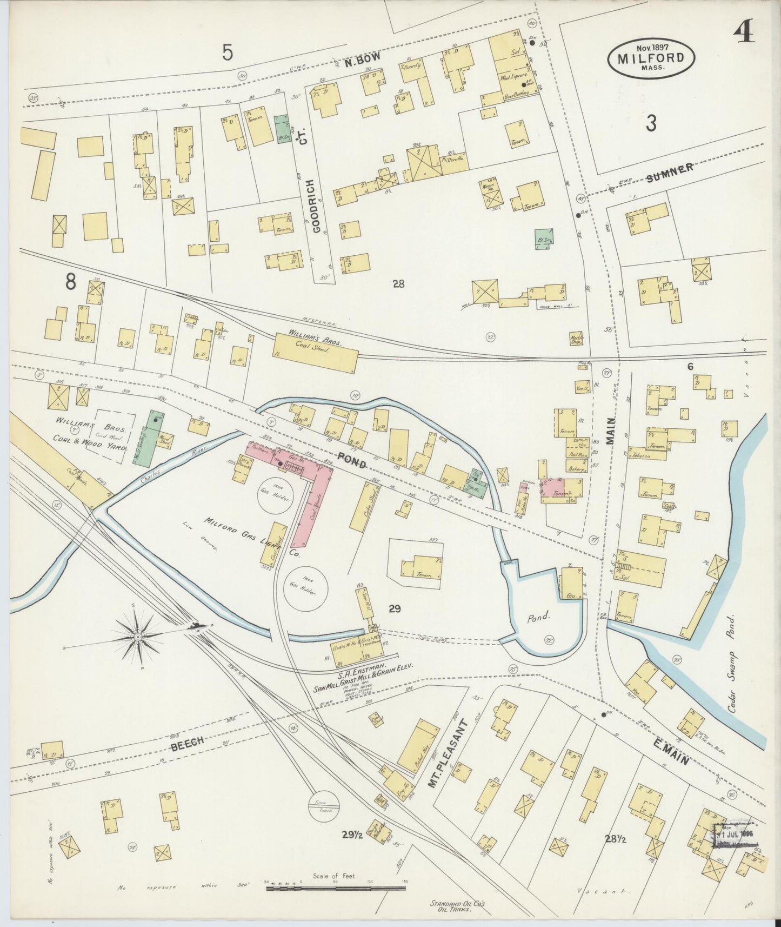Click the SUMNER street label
pyautogui.click(x=670, y=174)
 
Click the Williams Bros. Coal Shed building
pyautogui.click(x=316, y=352)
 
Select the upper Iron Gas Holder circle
pyautogui.click(x=275, y=496)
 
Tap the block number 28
pyautogui.click(x=398, y=283)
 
